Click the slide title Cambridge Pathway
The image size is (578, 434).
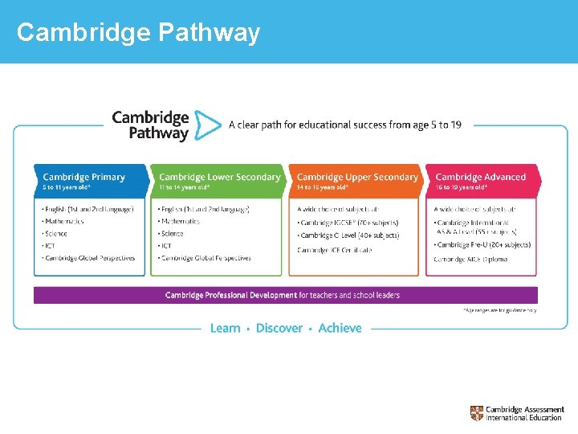(138, 32)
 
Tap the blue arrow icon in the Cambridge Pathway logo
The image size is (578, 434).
(208, 125)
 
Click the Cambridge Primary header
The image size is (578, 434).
(84, 177)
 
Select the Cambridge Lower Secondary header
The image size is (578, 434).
(219, 177)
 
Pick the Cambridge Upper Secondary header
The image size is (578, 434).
(357, 177)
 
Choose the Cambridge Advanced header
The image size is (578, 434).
(480, 177)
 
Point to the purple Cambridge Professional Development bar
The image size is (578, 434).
(285, 295)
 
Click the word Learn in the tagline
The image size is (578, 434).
(225, 328)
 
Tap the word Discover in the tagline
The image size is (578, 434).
(279, 328)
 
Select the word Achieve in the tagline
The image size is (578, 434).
(340, 328)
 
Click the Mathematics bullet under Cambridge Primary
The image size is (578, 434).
(64, 221)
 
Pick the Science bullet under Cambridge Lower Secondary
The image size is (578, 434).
(172, 234)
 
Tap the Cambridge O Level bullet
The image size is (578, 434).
(348, 235)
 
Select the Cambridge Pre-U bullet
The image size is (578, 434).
(482, 245)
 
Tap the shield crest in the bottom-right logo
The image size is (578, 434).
(477, 413)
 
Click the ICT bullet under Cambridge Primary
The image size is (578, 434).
(51, 246)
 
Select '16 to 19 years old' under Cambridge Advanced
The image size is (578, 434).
(461, 187)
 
